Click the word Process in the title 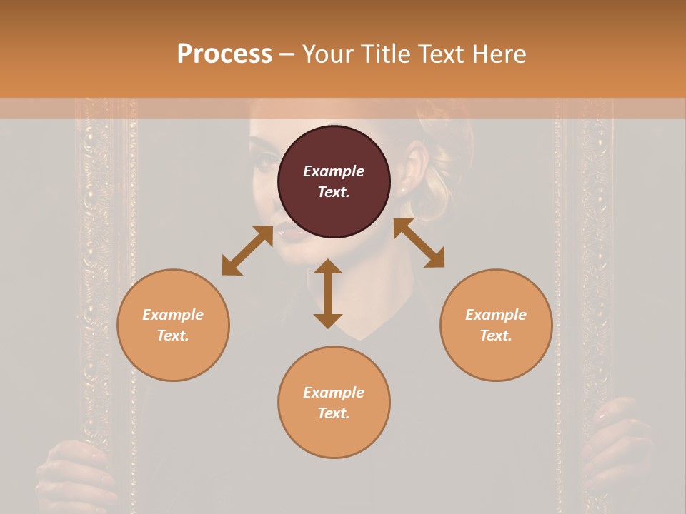(x=224, y=54)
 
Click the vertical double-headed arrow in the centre (x=328, y=293)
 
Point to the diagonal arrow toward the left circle (x=247, y=250)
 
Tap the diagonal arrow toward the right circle (x=419, y=243)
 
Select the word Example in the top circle (x=334, y=171)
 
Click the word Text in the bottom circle (x=334, y=413)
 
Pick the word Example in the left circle (x=173, y=315)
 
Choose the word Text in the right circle (x=496, y=336)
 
